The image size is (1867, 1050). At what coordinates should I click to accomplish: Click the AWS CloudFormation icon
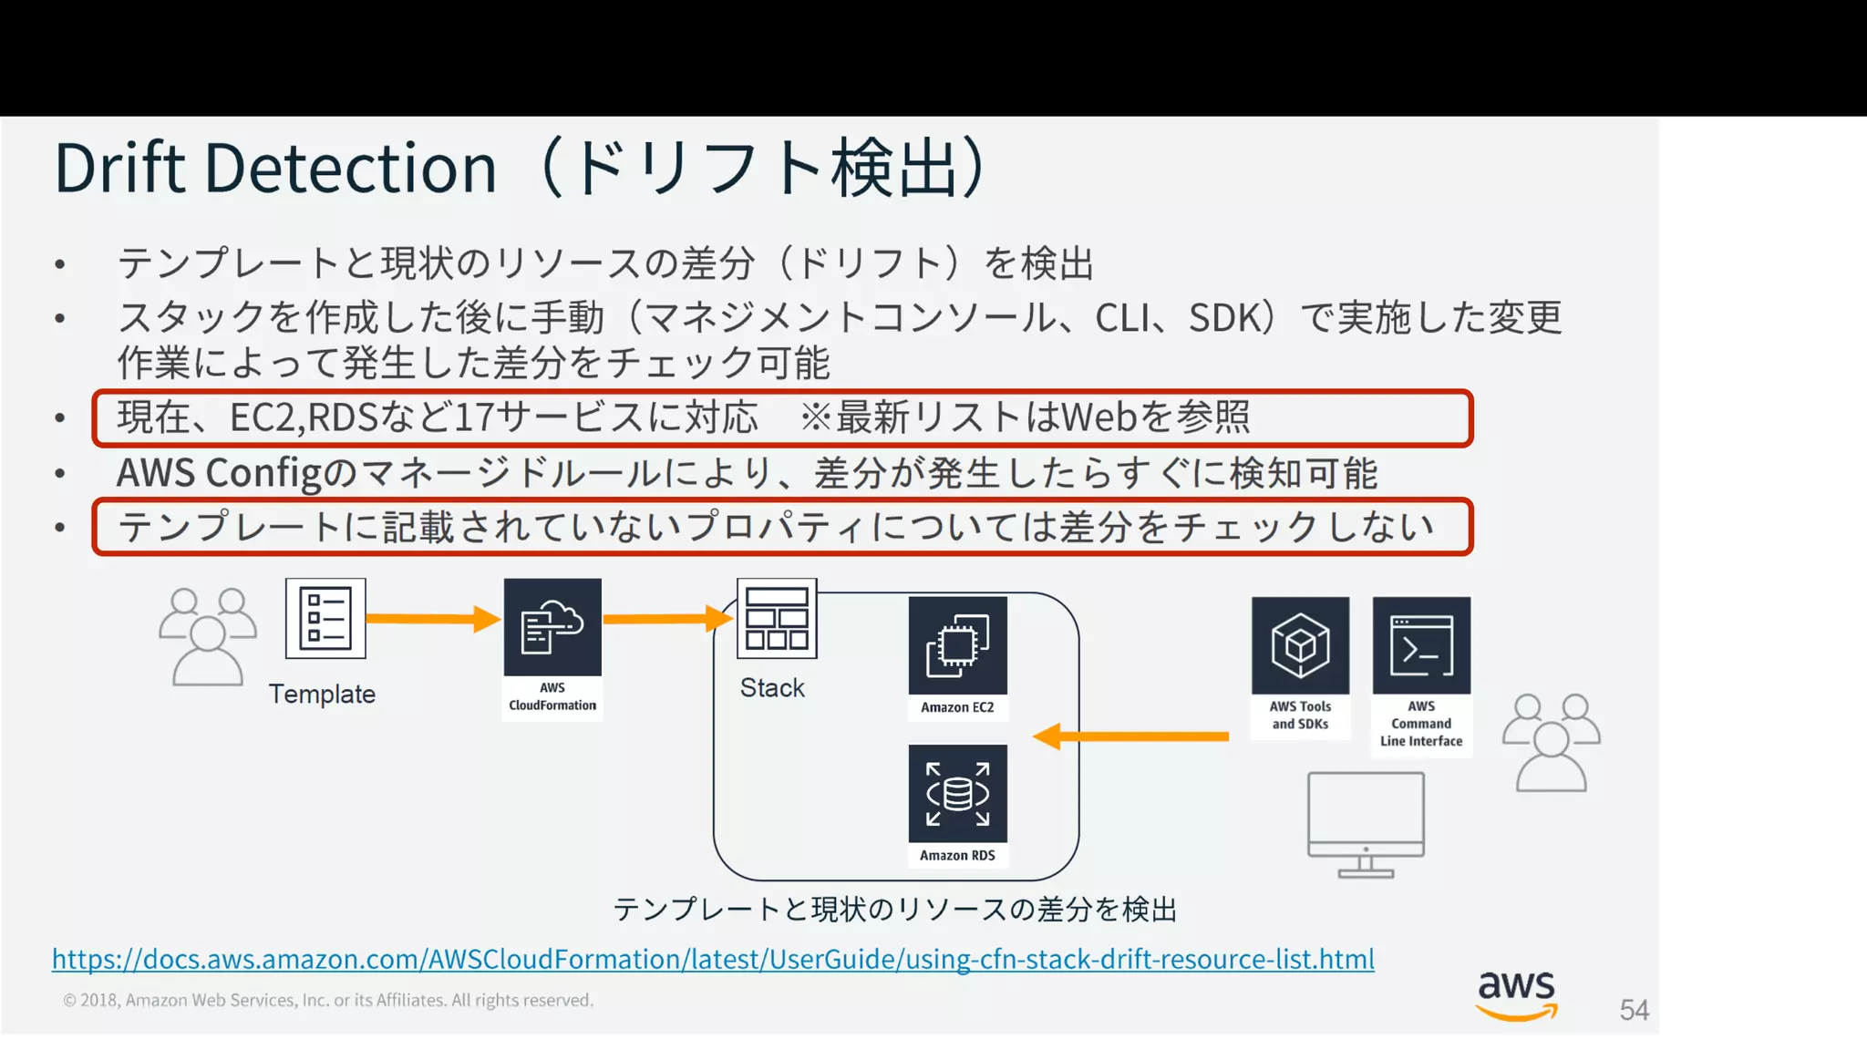(x=552, y=627)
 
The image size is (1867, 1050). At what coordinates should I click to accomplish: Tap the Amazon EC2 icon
(x=957, y=645)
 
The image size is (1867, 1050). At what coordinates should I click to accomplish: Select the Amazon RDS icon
(x=957, y=794)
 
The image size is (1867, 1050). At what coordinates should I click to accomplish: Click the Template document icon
(x=325, y=618)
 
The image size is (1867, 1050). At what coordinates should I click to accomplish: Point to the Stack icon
(x=777, y=618)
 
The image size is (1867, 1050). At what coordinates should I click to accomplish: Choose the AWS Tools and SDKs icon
(x=1300, y=645)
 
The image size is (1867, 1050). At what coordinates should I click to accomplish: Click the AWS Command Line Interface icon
(x=1421, y=645)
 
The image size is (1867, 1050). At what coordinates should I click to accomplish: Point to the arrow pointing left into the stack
(x=1130, y=736)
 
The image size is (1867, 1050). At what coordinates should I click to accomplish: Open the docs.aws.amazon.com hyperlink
(x=713, y=959)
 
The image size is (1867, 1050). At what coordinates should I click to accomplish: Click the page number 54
(x=1634, y=1010)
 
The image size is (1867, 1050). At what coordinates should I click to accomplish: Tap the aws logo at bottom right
(x=1517, y=994)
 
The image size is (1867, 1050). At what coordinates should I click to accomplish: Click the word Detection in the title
(x=351, y=168)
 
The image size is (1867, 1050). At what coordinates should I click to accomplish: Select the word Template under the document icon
(x=322, y=695)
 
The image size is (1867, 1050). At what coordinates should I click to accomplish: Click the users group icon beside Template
(x=208, y=636)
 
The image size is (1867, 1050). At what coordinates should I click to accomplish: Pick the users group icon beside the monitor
(x=1552, y=742)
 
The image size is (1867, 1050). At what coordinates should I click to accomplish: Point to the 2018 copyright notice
(x=328, y=1000)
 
